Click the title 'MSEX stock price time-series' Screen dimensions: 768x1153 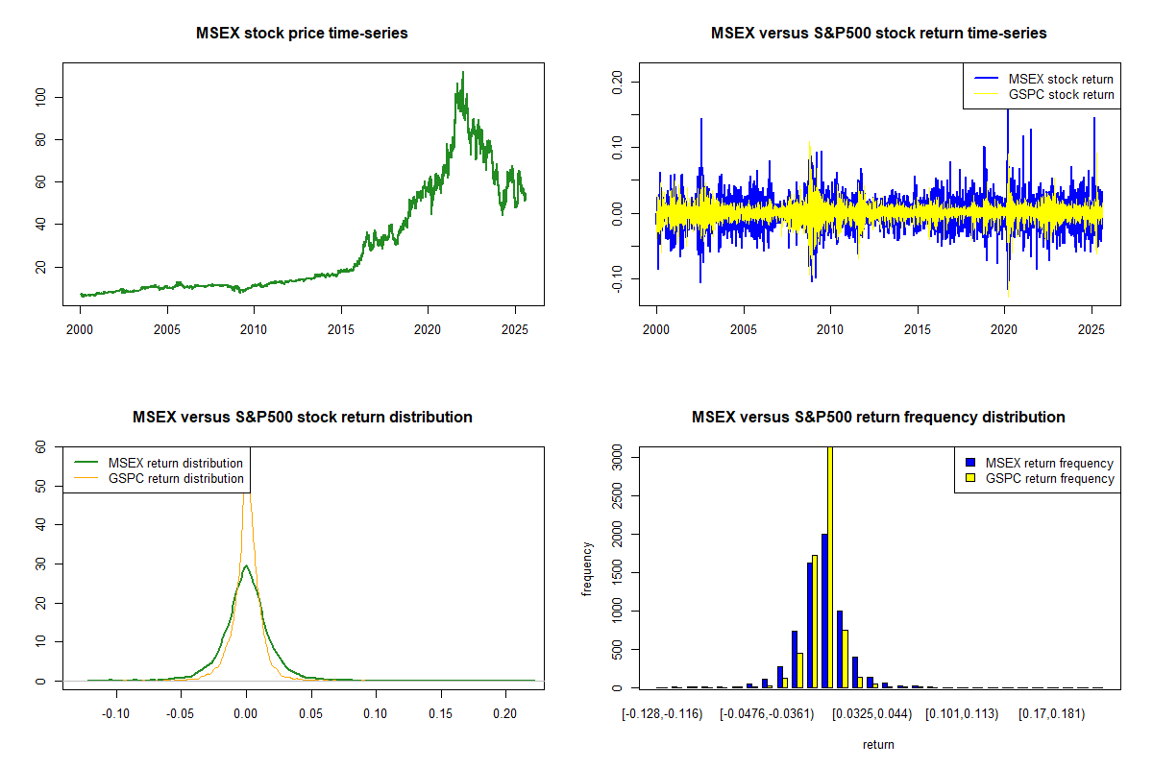click(302, 34)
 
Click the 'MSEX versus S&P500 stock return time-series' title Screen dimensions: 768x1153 click(878, 34)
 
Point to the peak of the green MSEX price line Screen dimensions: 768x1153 click(463, 72)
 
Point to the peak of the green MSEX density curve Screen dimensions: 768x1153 click(246, 565)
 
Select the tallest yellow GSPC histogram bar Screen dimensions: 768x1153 click(829, 566)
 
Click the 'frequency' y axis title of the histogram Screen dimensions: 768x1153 click(587, 569)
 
